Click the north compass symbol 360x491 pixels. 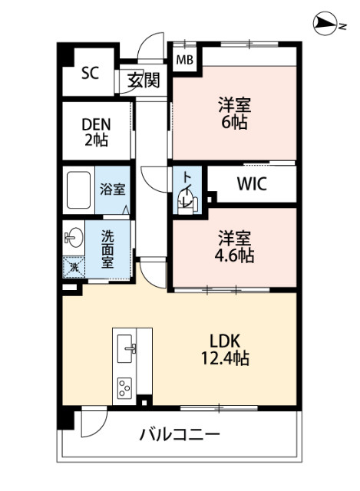[x=325, y=26]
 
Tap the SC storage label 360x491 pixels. [x=91, y=74]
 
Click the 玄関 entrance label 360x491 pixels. [x=144, y=80]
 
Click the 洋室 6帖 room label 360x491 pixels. [x=234, y=113]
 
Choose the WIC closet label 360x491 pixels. [x=252, y=185]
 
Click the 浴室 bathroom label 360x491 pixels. [x=114, y=189]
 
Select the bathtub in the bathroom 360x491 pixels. [x=80, y=189]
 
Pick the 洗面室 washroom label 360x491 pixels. [x=109, y=247]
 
